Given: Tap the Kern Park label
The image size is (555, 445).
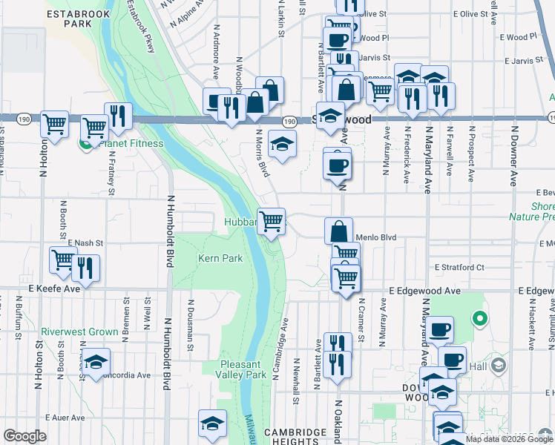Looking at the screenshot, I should pos(220,259).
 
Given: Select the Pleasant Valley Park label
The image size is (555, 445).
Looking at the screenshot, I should pos(243,369).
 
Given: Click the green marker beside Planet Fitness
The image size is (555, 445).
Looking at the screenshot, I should pos(86,144).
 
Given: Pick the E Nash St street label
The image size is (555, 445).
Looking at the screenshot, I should pos(85,243).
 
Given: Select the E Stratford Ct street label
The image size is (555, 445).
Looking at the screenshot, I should pos(459,267).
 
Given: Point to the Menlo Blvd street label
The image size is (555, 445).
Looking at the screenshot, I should pos(376,238).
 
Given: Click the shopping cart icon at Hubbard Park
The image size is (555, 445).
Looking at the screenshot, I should pos(272,220).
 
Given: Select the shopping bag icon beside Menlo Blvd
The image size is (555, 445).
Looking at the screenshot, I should pos(338,230).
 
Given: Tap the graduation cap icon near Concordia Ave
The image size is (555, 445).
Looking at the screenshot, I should pos(96,362).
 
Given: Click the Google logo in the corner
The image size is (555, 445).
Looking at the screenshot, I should pos(25,436).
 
